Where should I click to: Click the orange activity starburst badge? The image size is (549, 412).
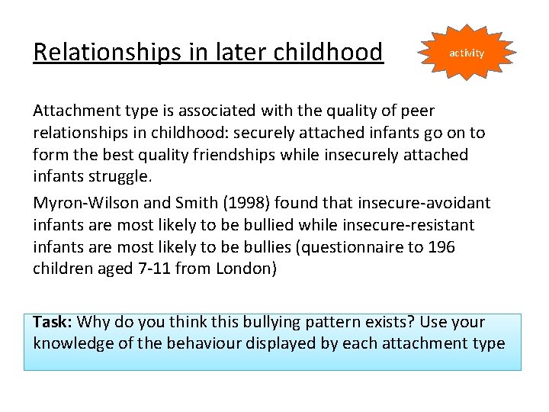(x=466, y=53)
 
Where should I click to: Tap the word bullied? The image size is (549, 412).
(x=257, y=225)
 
